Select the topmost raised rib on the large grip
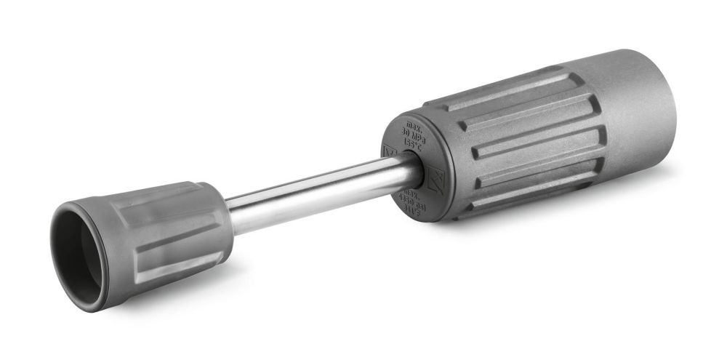coord(502,91)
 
